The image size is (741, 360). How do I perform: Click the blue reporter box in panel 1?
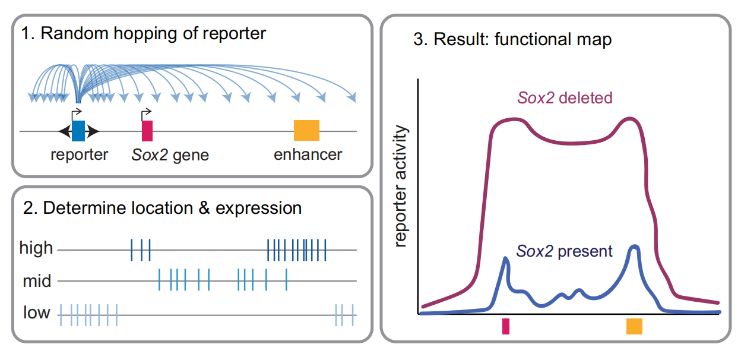point(78,131)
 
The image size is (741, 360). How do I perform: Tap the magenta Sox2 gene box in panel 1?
point(147,131)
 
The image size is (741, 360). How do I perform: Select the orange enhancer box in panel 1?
point(306,130)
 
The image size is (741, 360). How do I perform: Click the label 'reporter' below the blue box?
point(80,155)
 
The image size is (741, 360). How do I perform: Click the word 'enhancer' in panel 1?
point(308,155)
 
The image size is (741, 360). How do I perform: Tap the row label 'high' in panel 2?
point(36,248)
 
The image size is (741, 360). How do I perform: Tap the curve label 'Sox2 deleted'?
point(565,97)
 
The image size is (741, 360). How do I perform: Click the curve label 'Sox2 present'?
point(564,251)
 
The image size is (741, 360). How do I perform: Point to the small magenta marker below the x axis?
point(505,326)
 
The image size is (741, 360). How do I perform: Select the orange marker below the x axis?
point(634,326)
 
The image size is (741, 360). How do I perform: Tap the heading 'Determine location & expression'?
point(161,208)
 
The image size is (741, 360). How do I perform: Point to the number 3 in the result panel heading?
point(419,40)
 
